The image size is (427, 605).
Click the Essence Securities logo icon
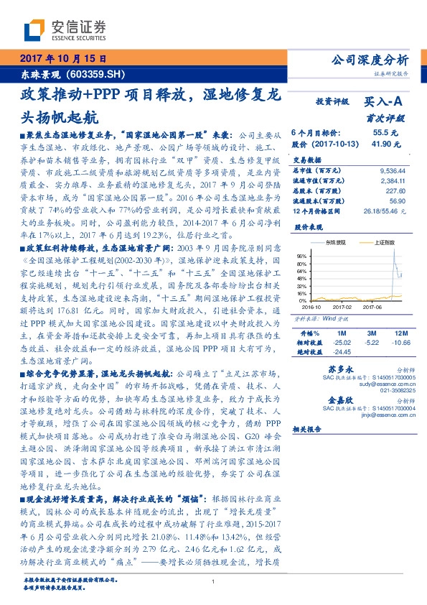[x=37, y=30]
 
